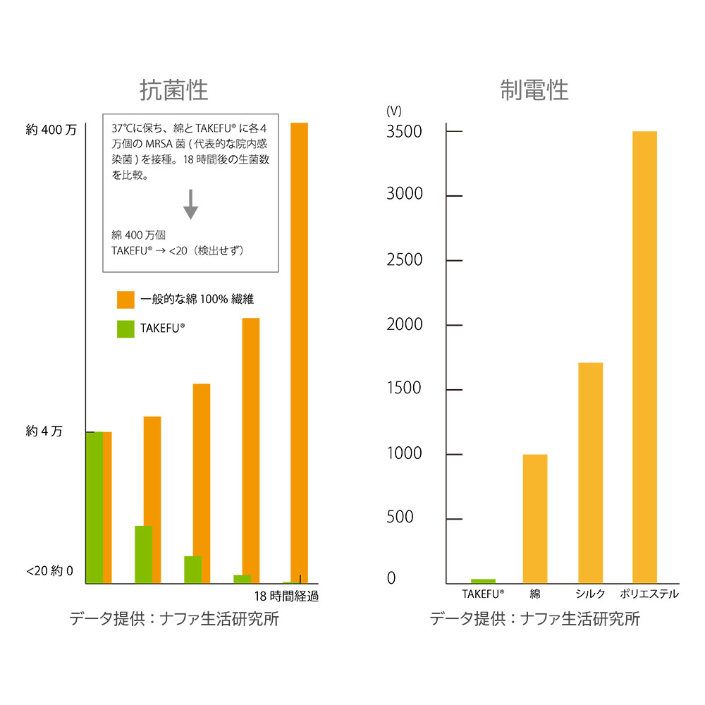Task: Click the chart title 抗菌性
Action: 174,91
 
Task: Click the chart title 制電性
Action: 534,91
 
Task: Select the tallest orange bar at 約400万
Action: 299,352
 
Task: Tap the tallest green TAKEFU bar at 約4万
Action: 94,508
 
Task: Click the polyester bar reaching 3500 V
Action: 644,357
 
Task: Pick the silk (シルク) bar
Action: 590,473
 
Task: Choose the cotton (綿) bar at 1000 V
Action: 535,519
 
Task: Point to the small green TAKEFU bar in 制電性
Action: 483,581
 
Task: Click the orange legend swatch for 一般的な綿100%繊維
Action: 125,300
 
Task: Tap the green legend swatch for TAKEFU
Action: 125,329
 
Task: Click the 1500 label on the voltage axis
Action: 405,388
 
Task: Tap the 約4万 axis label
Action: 44,431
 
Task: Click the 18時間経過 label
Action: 287,596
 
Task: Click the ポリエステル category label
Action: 649,594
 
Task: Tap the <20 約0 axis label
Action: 49,571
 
